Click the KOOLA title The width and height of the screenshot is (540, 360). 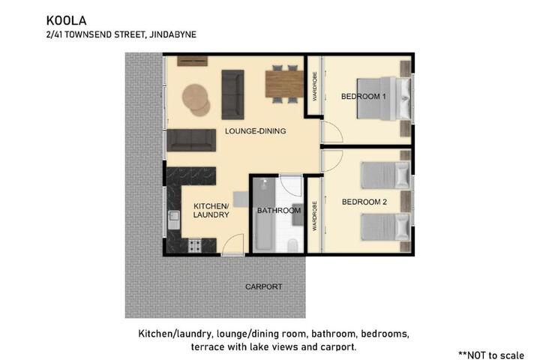[66, 21]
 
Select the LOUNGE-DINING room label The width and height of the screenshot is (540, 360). [255, 131]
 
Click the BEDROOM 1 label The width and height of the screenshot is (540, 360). [363, 97]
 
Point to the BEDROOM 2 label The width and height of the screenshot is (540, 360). [364, 202]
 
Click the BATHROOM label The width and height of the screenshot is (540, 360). [279, 211]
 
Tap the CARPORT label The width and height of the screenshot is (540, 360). [264, 286]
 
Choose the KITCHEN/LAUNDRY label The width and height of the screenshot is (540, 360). [211, 211]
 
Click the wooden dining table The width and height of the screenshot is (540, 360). [284, 84]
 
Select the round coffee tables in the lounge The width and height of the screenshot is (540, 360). [196, 100]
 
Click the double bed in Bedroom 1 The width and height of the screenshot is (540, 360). [384, 98]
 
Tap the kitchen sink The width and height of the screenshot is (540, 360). [174, 220]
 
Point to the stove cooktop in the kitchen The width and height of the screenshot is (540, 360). [194, 246]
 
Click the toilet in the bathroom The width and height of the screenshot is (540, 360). [293, 245]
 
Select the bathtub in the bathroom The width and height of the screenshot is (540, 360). [264, 214]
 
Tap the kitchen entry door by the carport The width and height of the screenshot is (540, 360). [232, 244]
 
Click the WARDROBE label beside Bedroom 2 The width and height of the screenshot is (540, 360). [314, 216]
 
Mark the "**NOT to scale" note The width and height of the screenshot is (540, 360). [491, 355]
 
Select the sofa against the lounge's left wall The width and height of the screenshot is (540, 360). [191, 140]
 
